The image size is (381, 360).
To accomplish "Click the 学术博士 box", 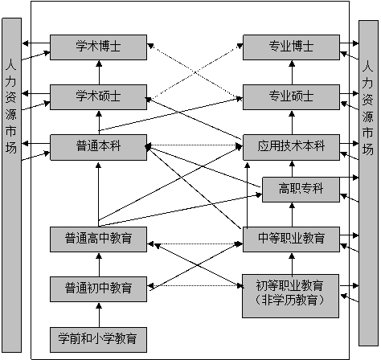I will pos(99,47).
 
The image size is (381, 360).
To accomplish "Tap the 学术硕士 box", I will pos(99,96).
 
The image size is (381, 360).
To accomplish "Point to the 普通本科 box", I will pos(99,147).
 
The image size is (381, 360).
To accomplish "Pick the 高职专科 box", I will pos(301,189).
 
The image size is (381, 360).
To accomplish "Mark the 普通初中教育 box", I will pos(99,287).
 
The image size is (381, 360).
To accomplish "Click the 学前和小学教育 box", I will pos(99,337).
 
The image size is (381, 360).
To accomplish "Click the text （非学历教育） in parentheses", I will pos(291,301).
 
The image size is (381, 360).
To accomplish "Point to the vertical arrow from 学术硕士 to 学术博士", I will pos(99,72).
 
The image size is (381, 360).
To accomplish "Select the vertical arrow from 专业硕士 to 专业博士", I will pos(291,72).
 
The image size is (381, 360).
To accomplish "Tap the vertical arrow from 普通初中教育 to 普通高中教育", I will pos(99,263).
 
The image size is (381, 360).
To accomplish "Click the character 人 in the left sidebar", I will pos(9,62).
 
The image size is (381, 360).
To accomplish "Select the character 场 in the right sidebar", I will pos(367,149).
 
